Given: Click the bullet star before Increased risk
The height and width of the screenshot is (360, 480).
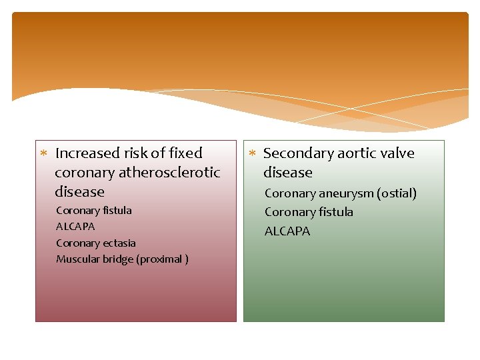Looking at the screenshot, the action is click(x=43, y=154).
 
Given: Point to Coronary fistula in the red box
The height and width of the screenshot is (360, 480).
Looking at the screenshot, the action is click(x=94, y=211).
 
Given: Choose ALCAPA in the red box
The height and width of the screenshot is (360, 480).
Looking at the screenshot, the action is click(x=75, y=227).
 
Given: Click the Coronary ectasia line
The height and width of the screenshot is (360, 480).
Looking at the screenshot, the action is click(x=96, y=243).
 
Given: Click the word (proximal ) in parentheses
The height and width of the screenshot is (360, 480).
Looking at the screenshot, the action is click(x=162, y=259).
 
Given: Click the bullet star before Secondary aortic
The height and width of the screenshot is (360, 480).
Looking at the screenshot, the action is click(x=252, y=154).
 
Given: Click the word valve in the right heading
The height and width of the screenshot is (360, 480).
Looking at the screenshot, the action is click(x=397, y=153).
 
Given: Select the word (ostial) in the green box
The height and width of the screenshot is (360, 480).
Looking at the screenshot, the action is click(x=396, y=194).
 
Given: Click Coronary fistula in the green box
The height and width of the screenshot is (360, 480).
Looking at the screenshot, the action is click(x=309, y=213).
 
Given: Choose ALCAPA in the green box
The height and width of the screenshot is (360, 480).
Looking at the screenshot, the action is click(x=287, y=231).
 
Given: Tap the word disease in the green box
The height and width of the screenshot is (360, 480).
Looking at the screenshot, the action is click(x=287, y=173).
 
